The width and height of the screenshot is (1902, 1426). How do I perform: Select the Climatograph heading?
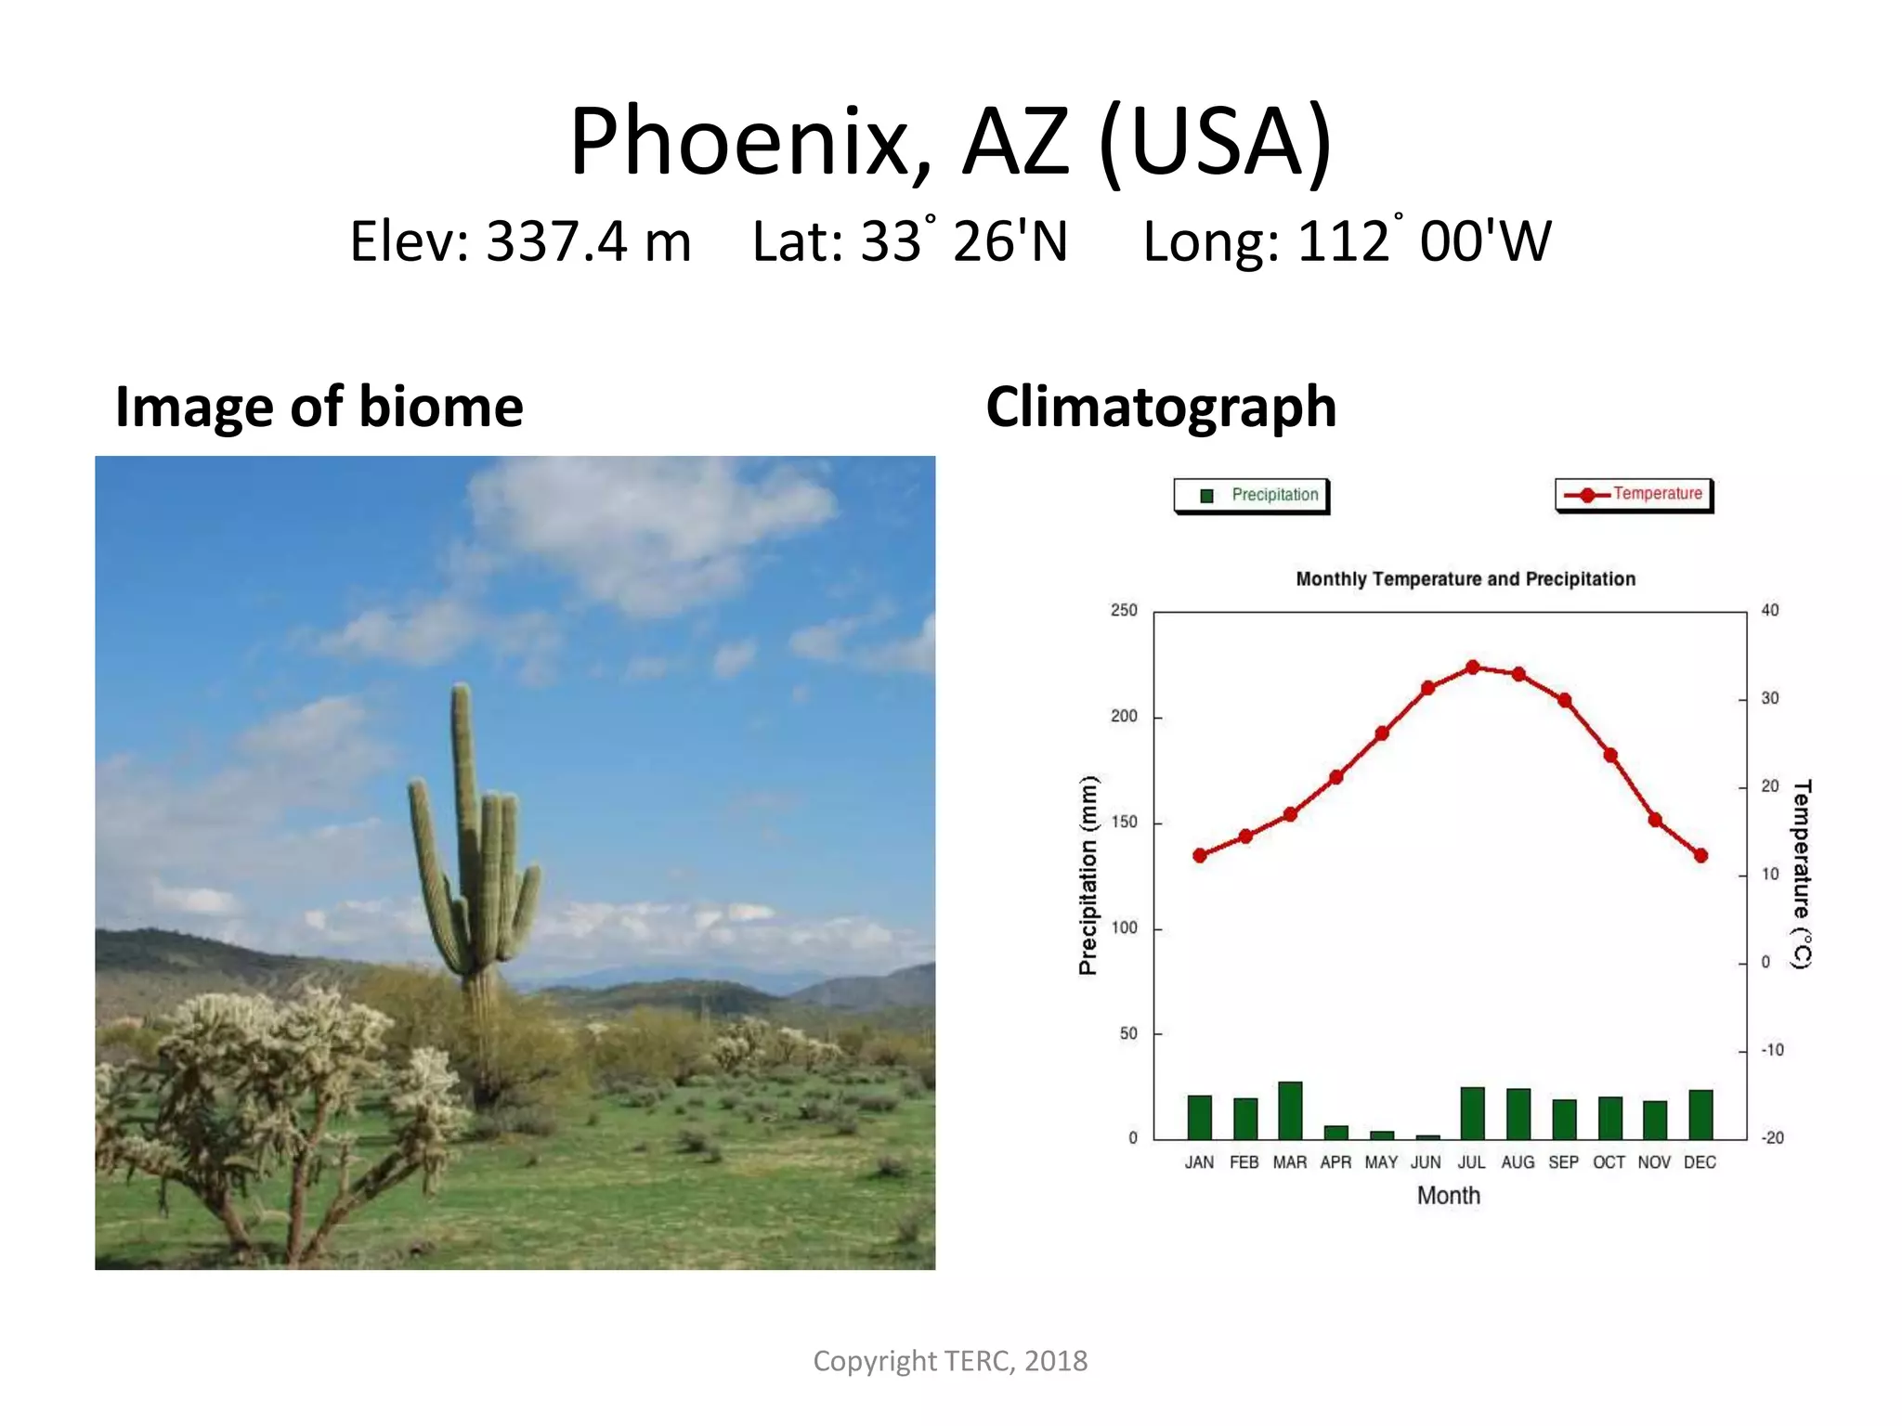(x=1161, y=407)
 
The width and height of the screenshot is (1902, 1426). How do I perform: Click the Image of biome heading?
(x=319, y=407)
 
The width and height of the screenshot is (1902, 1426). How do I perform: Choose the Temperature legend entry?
(x=1635, y=494)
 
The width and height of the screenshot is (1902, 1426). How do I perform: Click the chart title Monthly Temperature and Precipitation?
(x=1466, y=579)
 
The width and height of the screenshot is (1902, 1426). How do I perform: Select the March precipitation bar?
(x=1290, y=1110)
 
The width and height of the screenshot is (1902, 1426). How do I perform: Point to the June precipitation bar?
(x=1427, y=1136)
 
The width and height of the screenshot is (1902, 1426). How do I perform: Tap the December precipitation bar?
(x=1700, y=1114)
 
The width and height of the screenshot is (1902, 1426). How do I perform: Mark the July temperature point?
(x=1473, y=668)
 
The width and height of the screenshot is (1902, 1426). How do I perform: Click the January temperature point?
(x=1200, y=855)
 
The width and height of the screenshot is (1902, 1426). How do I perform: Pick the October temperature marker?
(x=1610, y=755)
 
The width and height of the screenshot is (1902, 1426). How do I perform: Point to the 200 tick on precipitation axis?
(x=1124, y=717)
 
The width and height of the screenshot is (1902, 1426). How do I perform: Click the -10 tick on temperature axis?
(x=1772, y=1050)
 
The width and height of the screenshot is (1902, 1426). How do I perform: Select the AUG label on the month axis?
(x=1518, y=1162)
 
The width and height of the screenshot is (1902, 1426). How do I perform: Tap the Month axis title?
(x=1448, y=1196)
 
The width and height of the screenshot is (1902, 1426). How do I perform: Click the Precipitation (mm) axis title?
(x=1088, y=875)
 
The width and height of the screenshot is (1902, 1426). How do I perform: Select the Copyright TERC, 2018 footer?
(x=950, y=1361)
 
